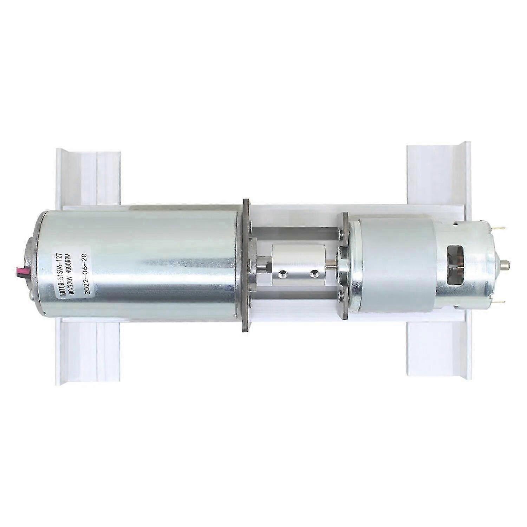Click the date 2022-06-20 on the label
click(x=84, y=273)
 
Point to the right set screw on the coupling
click(x=312, y=273)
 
